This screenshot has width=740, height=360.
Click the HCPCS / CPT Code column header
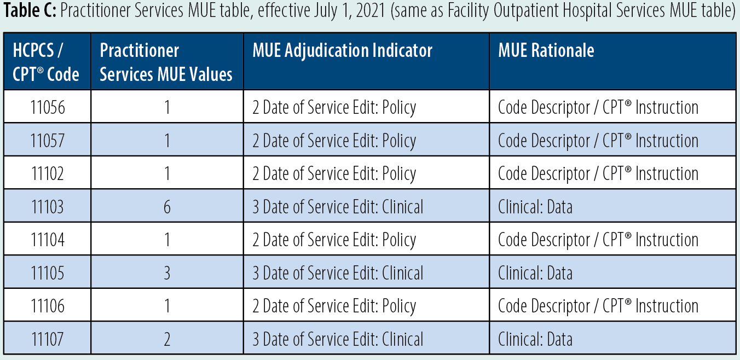click(47, 62)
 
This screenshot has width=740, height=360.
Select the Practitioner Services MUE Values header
click(166, 62)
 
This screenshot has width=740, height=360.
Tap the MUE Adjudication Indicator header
click(343, 51)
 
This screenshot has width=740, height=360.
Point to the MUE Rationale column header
click(546, 51)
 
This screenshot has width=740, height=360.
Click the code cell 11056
click(48, 107)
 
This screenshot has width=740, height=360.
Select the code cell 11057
click(48, 141)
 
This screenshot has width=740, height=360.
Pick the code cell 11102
click(48, 173)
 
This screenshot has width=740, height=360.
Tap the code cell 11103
click(48, 207)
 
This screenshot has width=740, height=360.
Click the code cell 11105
click(48, 273)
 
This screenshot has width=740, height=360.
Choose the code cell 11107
click(48, 339)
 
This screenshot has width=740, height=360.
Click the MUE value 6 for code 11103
click(167, 207)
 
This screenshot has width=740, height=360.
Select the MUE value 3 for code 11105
click(167, 273)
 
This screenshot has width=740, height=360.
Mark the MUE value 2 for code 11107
click(167, 339)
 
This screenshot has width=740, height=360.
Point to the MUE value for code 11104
click(167, 240)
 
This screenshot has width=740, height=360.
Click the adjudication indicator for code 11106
click(334, 306)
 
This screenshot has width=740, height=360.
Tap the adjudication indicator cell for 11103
click(338, 207)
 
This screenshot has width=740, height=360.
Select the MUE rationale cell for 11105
click(535, 273)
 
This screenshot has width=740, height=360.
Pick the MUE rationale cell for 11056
click(598, 107)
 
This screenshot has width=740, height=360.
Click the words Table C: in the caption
click(30, 13)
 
